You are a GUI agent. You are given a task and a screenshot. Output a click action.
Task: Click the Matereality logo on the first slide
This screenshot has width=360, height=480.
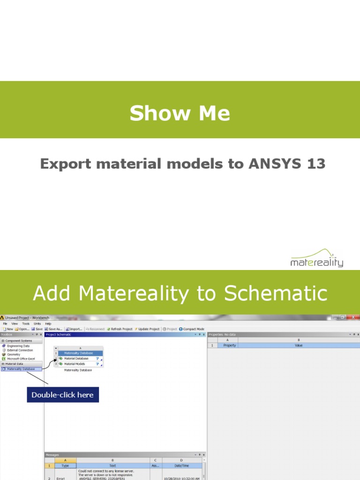tap(317, 258)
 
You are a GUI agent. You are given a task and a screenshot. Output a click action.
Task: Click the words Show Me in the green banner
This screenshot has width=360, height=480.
tap(180, 113)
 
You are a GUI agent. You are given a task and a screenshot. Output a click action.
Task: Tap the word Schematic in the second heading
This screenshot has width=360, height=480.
tap(276, 293)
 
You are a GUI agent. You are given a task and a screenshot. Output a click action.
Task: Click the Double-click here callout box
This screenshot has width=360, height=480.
tap(62, 395)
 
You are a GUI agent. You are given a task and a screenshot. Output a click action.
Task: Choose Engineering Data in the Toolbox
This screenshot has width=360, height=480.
tap(18, 346)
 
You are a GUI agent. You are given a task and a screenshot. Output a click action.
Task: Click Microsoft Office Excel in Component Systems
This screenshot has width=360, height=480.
tap(21, 359)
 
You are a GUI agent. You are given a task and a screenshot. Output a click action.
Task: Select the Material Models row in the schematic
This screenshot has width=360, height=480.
tap(75, 364)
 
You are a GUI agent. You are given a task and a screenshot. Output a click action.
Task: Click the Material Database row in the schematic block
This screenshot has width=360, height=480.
tap(76, 358)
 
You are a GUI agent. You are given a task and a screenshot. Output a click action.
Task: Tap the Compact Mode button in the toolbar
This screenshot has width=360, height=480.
tap(193, 329)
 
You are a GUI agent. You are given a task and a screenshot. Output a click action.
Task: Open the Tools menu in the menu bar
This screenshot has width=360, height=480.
tap(26, 323)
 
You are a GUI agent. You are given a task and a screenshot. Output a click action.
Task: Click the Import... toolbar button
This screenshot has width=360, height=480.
tap(74, 329)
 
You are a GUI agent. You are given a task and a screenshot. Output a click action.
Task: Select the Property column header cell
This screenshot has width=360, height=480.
tap(230, 345)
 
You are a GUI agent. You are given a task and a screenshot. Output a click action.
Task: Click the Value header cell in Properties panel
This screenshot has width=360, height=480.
tap(299, 345)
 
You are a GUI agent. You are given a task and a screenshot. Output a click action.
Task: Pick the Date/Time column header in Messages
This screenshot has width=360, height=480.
tap(182, 466)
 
